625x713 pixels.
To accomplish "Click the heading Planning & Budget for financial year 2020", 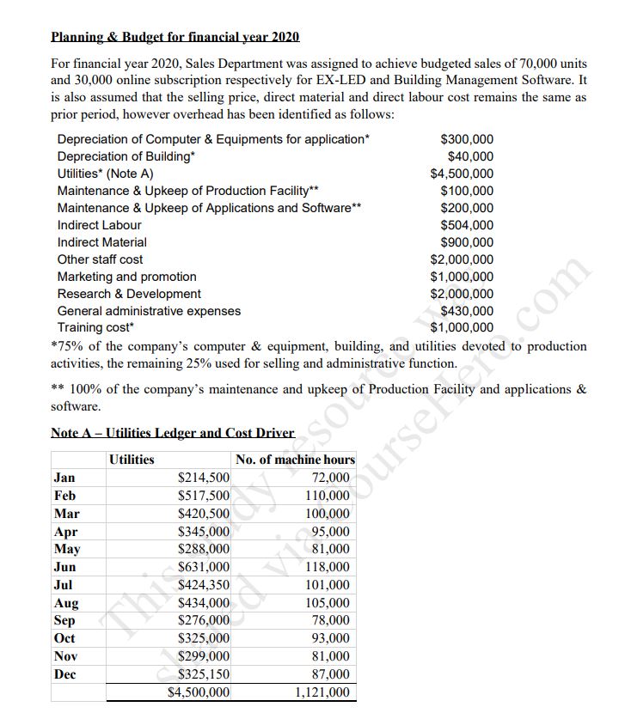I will [x=175, y=38].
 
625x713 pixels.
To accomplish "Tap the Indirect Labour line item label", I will [x=99, y=225].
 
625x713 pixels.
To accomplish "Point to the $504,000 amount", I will [x=466, y=225].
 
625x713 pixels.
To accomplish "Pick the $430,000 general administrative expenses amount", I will [x=466, y=311].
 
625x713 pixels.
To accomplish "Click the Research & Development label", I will [x=129, y=294].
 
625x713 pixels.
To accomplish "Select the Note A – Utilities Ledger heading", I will [x=173, y=433].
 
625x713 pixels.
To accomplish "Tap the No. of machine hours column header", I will [x=295, y=460].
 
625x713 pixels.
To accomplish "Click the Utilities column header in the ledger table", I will [x=132, y=460].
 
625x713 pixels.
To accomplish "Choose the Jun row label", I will [x=64, y=567].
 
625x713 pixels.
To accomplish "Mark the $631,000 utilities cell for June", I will [x=203, y=567].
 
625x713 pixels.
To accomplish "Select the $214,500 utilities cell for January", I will [x=203, y=478].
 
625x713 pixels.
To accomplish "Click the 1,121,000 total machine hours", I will [x=322, y=692].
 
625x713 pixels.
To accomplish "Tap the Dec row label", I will [x=65, y=674].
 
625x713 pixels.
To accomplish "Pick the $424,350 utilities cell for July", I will [x=203, y=585].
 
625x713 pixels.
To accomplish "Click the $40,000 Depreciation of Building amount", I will [x=470, y=156].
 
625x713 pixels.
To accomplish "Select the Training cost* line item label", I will [x=95, y=328].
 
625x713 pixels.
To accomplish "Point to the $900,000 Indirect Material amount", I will [x=466, y=242].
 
